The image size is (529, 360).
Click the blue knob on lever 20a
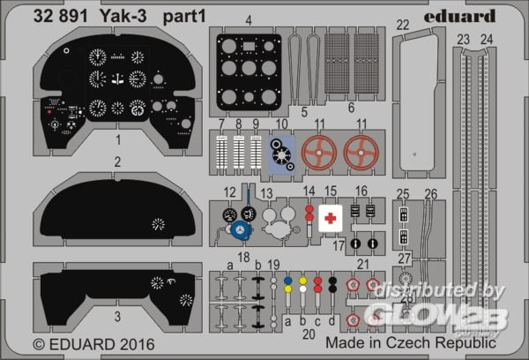click(x=287, y=285)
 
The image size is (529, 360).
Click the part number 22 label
click(x=402, y=25)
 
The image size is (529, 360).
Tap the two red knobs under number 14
click(x=309, y=215)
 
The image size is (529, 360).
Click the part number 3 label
click(x=117, y=315)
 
